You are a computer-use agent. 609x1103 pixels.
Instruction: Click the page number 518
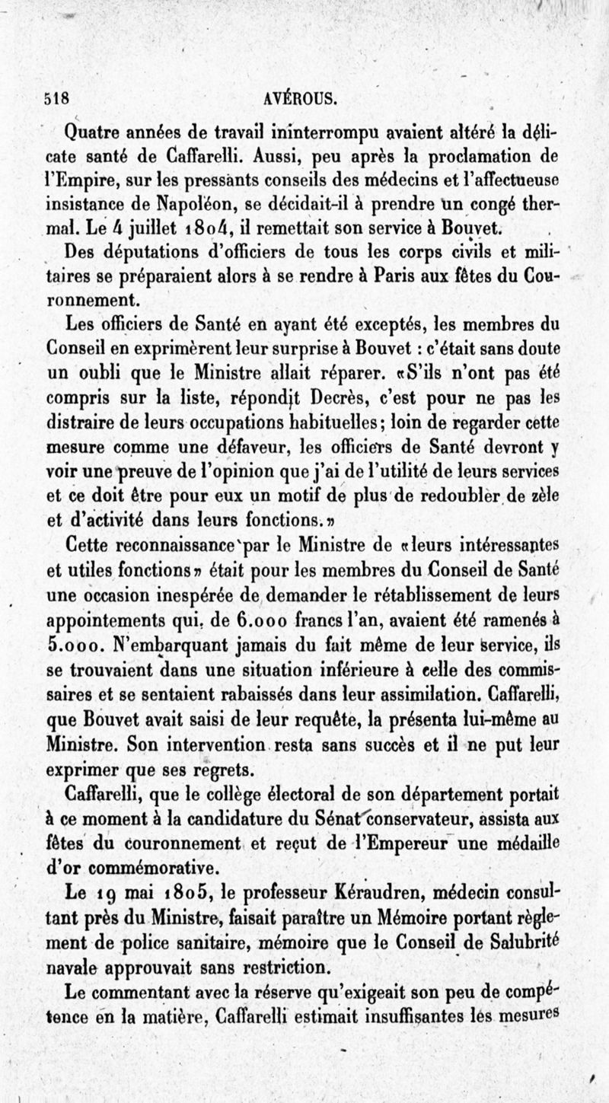pos(57,97)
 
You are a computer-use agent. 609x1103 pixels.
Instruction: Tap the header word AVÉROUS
pos(301,97)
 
